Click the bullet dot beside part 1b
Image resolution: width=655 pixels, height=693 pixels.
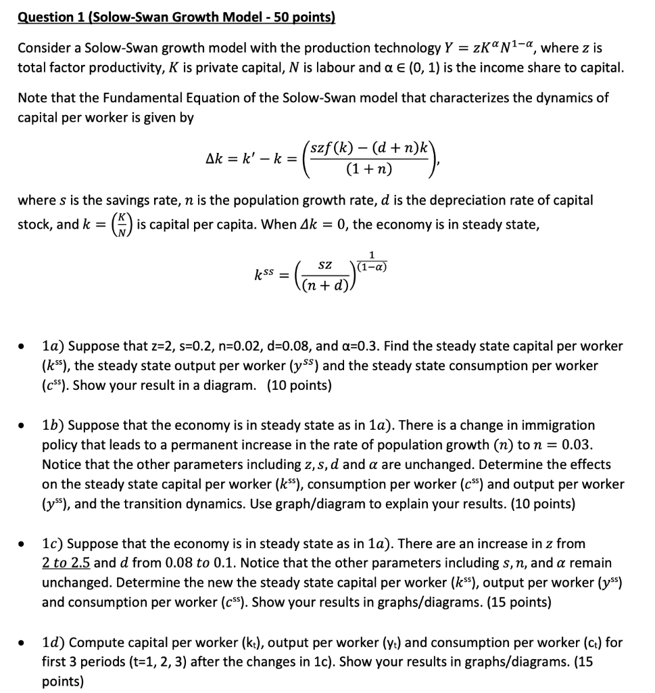(24, 426)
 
